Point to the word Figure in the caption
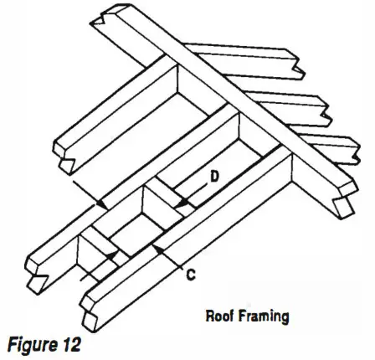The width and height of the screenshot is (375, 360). click(30, 345)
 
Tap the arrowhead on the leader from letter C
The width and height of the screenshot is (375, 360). click(157, 249)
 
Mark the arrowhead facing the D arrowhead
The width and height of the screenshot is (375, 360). click(101, 204)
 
